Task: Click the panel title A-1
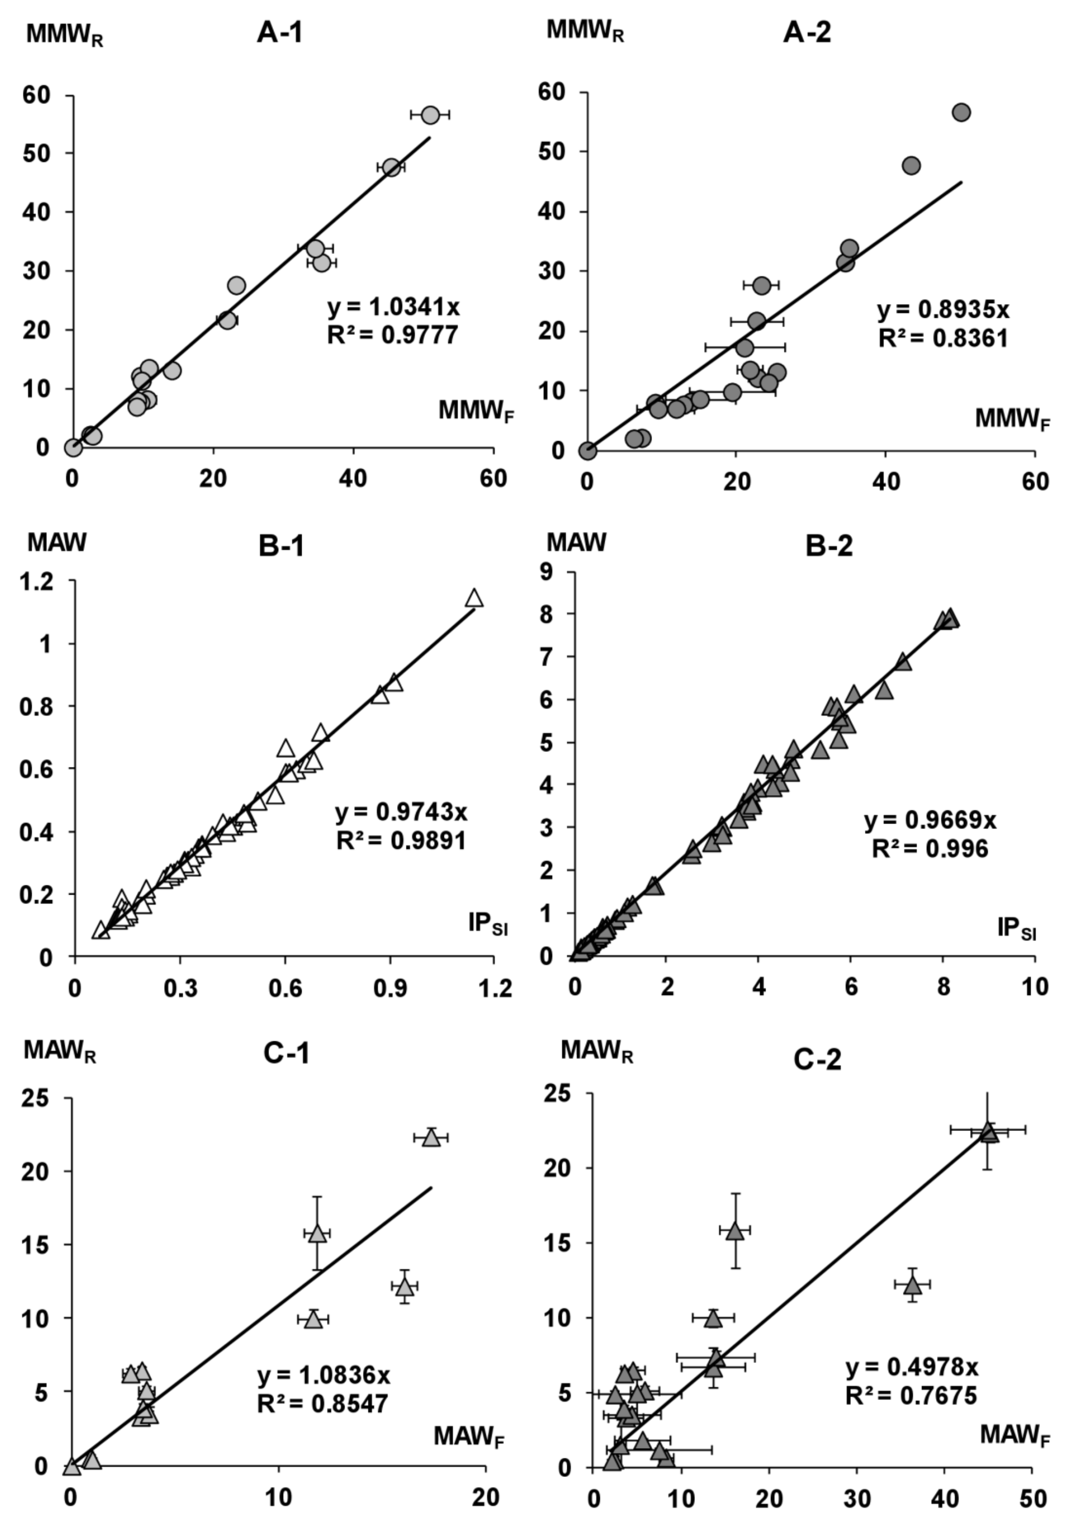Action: click(280, 32)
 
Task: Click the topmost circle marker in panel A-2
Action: click(961, 112)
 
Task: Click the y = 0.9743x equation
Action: click(401, 812)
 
